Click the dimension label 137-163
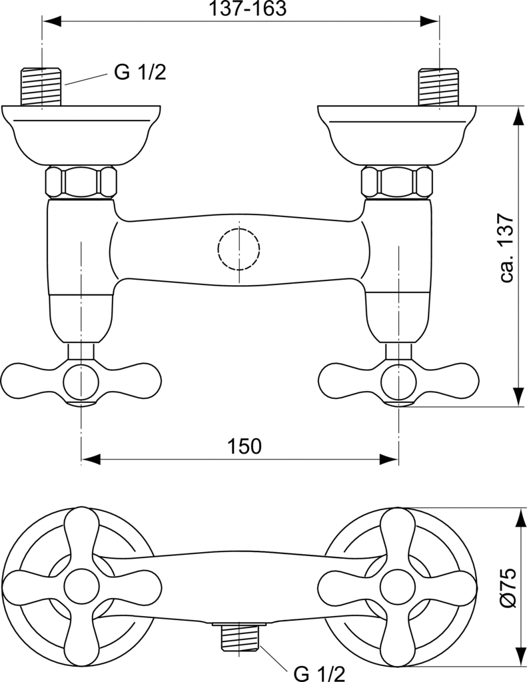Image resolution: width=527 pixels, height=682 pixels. point(249,8)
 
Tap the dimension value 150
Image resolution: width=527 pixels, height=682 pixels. point(244,446)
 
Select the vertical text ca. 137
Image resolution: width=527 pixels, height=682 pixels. point(507,248)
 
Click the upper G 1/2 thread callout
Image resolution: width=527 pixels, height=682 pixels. point(140,72)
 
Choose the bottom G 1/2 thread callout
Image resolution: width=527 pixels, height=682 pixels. point(319,673)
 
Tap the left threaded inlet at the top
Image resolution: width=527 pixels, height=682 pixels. point(41,87)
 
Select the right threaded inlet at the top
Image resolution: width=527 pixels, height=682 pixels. point(438,87)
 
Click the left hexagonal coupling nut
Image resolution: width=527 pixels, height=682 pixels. point(81,182)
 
